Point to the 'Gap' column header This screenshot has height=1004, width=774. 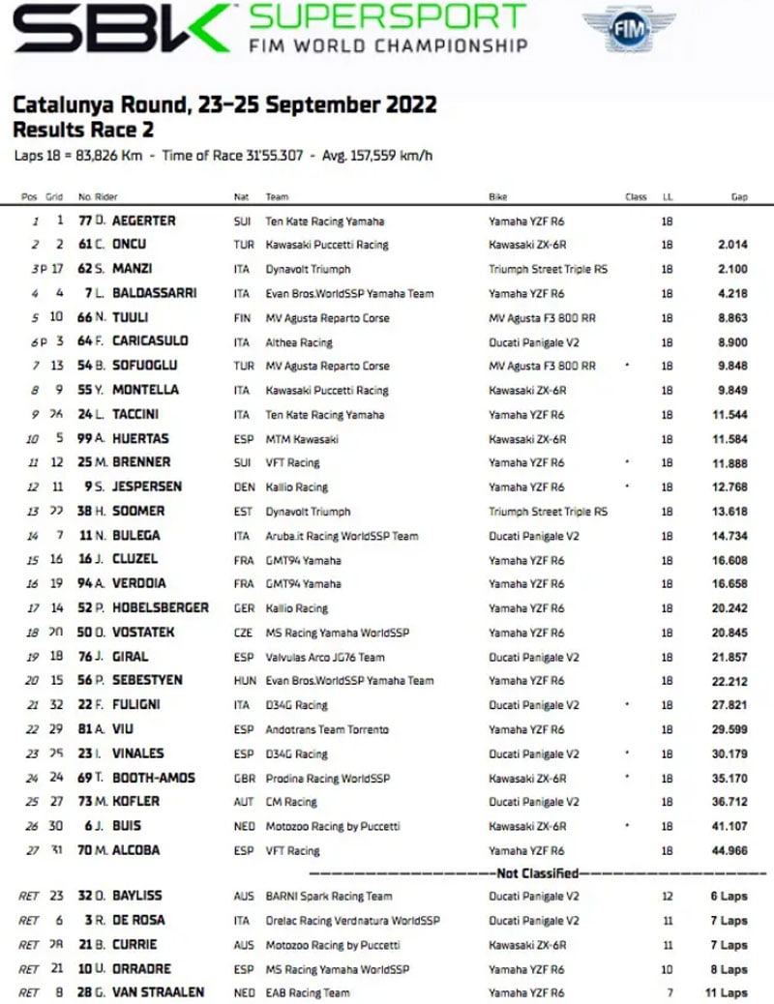pos(739,197)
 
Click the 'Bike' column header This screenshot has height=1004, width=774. pos(498,197)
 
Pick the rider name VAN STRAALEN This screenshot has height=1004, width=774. pos(153,992)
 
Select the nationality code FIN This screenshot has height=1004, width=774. pos(243,317)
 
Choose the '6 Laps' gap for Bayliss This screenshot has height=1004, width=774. pos(728,897)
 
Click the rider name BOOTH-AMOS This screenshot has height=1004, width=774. pos(147,777)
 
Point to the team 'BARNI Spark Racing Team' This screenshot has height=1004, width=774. pos(328,897)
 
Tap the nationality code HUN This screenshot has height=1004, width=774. pos(244,680)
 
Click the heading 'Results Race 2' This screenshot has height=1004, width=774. pos(83,130)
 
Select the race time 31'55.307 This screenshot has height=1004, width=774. pos(276,155)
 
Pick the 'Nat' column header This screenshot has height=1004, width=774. pos(241,197)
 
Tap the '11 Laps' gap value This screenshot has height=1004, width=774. pos(726,992)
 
